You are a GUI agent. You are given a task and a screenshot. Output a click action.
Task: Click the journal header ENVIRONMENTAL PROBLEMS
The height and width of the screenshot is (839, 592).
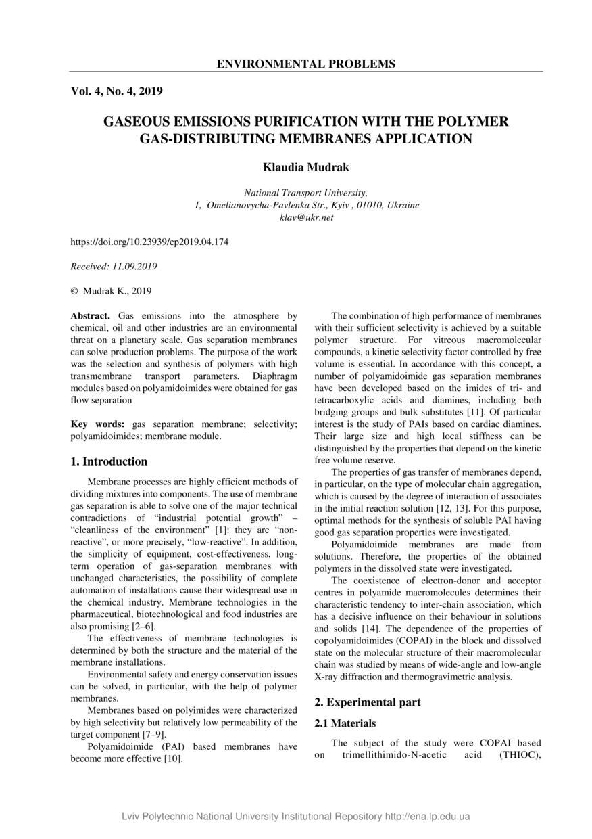pyautogui.click(x=305, y=64)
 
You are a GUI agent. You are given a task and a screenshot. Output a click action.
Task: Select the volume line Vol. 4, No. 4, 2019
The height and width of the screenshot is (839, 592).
pyautogui.click(x=116, y=91)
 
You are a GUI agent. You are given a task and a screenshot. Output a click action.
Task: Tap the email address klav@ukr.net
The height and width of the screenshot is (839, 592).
pyautogui.click(x=306, y=217)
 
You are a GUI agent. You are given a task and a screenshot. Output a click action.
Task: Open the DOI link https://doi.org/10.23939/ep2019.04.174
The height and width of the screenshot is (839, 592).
pyautogui.click(x=149, y=241)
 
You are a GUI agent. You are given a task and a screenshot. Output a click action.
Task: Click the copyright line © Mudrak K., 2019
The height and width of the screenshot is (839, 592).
pyautogui.click(x=112, y=291)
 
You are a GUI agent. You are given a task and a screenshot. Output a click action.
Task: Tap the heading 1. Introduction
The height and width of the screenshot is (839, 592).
pyautogui.click(x=109, y=461)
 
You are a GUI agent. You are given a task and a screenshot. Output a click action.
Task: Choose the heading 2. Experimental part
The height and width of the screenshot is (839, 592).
pyautogui.click(x=368, y=702)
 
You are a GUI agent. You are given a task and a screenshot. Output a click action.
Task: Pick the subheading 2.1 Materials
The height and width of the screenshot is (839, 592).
pyautogui.click(x=345, y=723)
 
